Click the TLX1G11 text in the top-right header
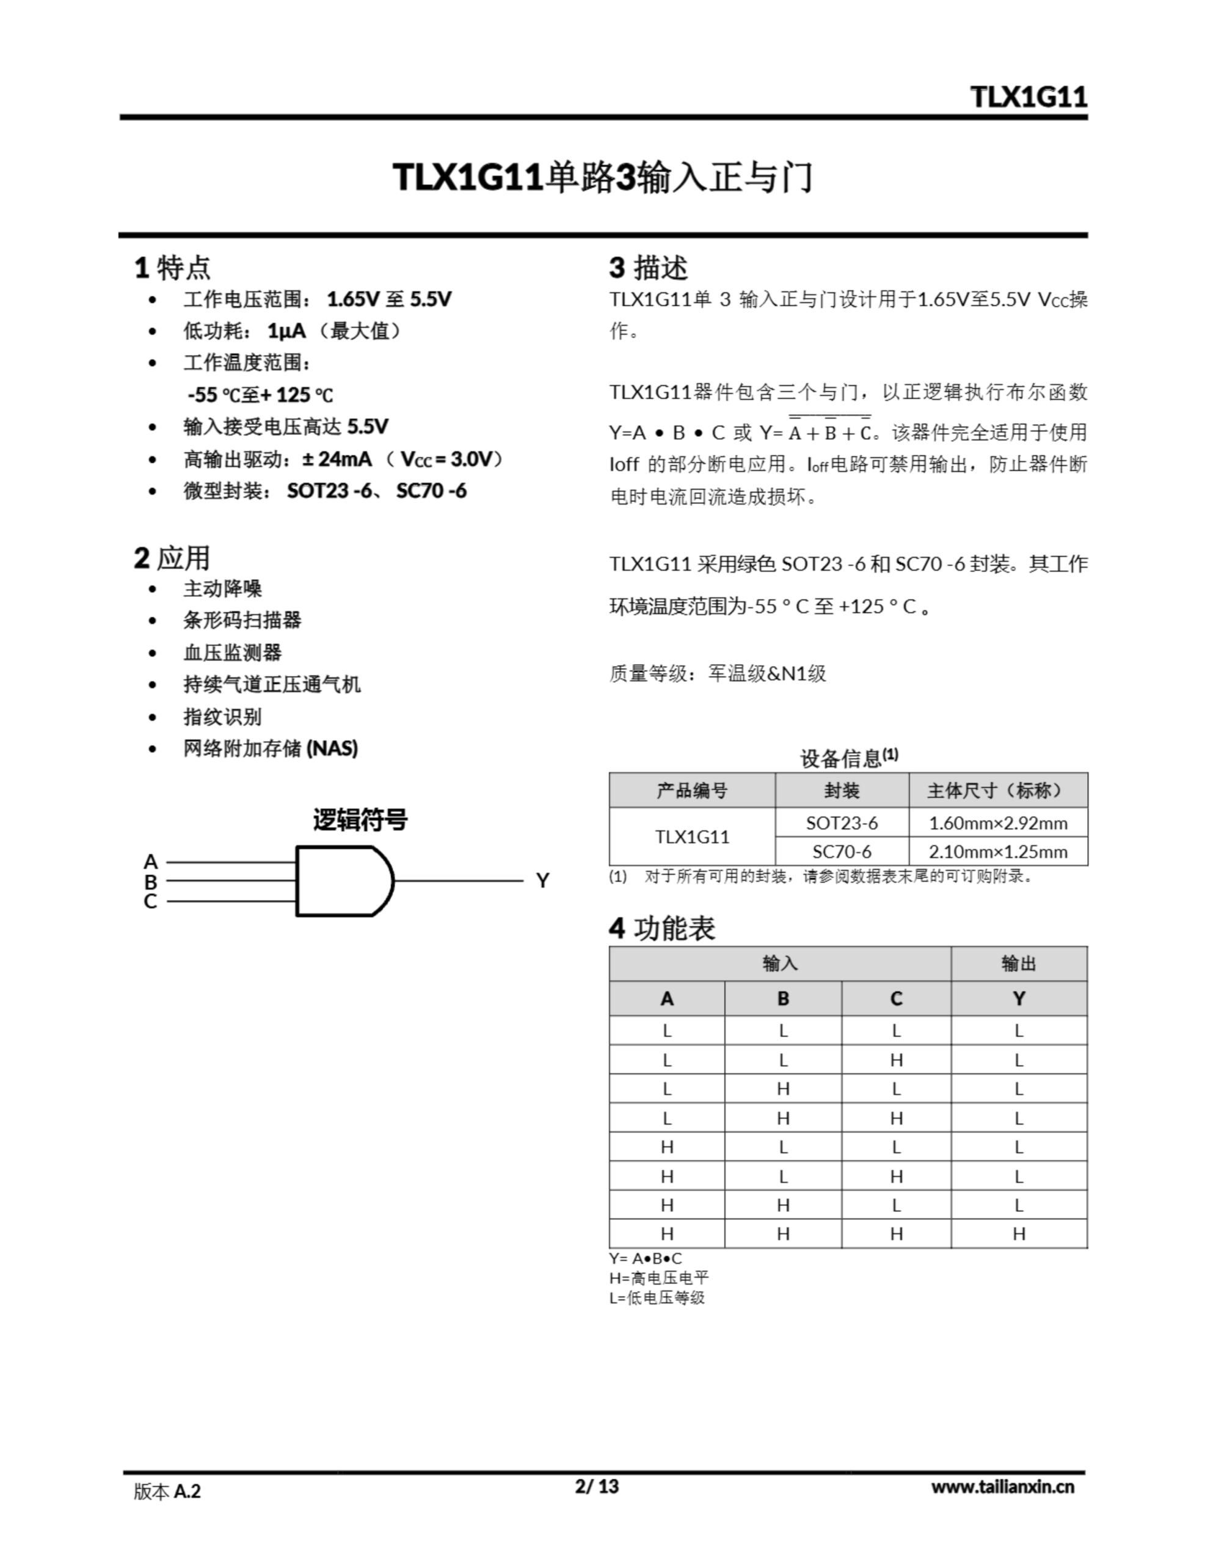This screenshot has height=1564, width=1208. [1028, 96]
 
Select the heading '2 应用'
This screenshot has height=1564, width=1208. [172, 558]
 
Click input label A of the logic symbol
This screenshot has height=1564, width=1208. [150, 861]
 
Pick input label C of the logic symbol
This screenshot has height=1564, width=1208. [150, 902]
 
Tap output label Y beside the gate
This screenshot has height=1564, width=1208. [543, 881]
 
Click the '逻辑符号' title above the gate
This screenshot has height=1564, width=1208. [360, 820]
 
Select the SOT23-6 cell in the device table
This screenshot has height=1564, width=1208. [842, 823]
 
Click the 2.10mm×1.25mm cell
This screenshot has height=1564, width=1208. [997, 852]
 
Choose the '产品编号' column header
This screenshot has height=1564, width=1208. [692, 791]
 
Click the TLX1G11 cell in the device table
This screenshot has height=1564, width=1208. [692, 836]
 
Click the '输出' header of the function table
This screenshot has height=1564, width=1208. [1018, 964]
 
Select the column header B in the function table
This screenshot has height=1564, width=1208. [783, 998]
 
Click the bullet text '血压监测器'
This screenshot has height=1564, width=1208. [233, 652]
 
